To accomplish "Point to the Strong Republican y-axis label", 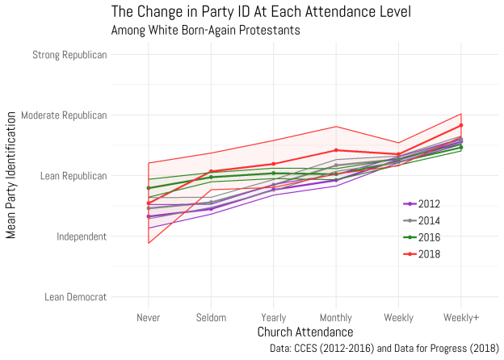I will (69, 55).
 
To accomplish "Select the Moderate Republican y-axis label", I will (64, 115).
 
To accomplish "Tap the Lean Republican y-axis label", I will (71, 176).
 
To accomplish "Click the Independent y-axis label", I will (79, 237).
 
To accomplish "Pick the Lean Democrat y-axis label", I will (75, 297).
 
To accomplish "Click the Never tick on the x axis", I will (149, 317).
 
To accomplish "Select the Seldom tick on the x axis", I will (211, 317).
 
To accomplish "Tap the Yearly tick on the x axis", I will (273, 317).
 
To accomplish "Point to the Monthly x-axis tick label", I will (336, 317).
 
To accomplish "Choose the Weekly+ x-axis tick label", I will (461, 317).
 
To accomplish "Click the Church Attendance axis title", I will (304, 333).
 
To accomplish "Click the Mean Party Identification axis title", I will (11, 176).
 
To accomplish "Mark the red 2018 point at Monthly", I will (336, 150).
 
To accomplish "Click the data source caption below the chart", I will (384, 349).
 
